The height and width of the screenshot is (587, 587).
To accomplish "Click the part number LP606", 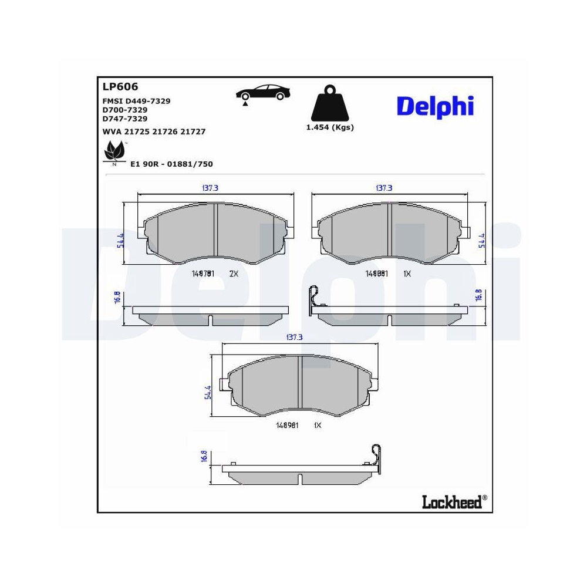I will tap(120, 87).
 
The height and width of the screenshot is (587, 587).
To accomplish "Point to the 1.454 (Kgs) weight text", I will tap(330, 127).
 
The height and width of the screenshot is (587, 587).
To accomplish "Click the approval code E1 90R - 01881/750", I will tap(171, 164).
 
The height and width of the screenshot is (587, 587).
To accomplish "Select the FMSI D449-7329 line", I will tap(136, 101).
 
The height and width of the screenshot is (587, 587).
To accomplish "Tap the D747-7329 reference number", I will tap(124, 118).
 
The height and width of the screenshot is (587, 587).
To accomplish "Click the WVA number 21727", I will tap(193, 131).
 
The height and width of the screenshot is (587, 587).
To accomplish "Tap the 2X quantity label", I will tap(233, 274).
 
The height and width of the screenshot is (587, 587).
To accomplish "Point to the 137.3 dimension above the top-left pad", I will tap(210, 188).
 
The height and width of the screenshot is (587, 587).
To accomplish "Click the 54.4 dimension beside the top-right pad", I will tap(482, 241).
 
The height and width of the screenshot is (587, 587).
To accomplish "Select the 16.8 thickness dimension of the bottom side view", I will tap(204, 457).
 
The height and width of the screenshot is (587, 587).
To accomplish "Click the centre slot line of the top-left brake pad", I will tap(217, 232).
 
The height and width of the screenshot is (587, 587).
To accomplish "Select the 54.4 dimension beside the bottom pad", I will tap(208, 392).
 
